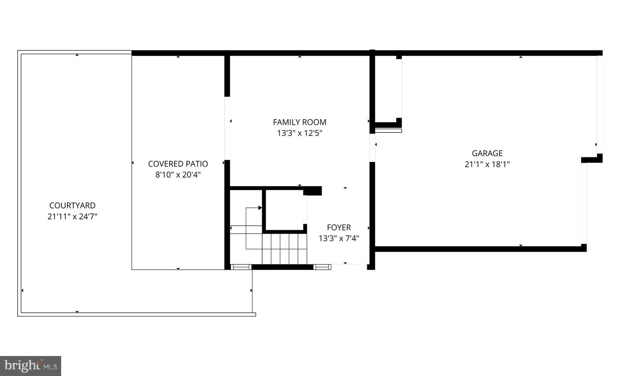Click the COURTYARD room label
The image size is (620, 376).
72,205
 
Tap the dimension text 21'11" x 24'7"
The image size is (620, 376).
72,216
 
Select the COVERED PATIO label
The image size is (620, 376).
178,164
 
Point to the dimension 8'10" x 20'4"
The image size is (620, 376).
178,175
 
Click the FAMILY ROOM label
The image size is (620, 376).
300,122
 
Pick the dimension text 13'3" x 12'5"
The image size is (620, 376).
300,133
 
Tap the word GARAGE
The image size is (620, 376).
487,153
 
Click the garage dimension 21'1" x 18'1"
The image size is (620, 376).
487,164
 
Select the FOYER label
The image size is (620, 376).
339,228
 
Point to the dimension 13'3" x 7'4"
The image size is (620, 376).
339,238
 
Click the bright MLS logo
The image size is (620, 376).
31,366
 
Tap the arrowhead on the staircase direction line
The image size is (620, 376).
260,208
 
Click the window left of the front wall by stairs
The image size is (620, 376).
241,267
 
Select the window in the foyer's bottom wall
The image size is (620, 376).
322,267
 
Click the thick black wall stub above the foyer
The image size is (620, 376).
313,191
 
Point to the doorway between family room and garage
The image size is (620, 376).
372,148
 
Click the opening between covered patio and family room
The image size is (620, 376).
227,128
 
